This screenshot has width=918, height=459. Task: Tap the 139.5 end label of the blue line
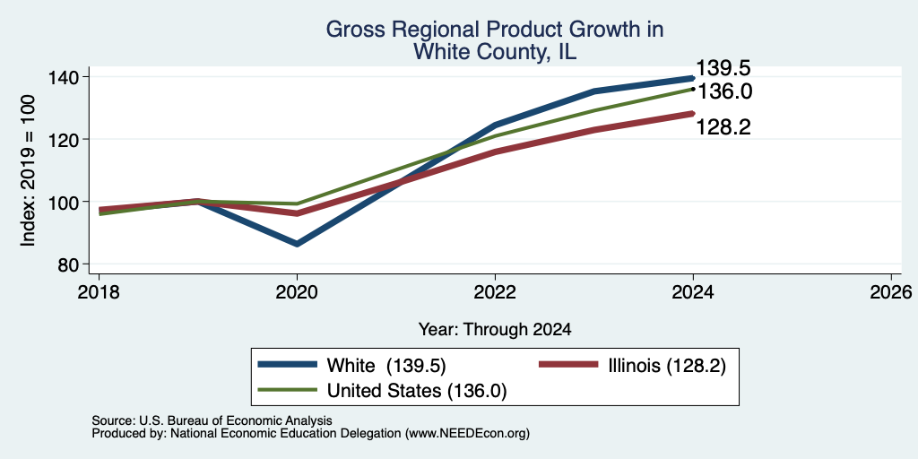723,68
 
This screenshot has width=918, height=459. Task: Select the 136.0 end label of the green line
723,92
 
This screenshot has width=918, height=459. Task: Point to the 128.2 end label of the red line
723,127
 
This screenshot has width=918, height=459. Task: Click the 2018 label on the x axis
99,291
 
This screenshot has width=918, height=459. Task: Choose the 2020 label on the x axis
297,291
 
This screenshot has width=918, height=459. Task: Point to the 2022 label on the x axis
495,291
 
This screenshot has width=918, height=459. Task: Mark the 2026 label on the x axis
891,291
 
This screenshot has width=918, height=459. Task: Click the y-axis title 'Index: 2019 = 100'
28,170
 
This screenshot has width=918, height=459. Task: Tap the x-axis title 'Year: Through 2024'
495,330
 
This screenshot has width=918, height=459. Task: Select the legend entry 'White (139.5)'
386,366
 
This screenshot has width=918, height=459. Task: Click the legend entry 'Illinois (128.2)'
667,366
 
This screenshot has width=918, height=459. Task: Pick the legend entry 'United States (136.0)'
416,391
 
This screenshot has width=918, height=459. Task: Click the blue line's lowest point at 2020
297,244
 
